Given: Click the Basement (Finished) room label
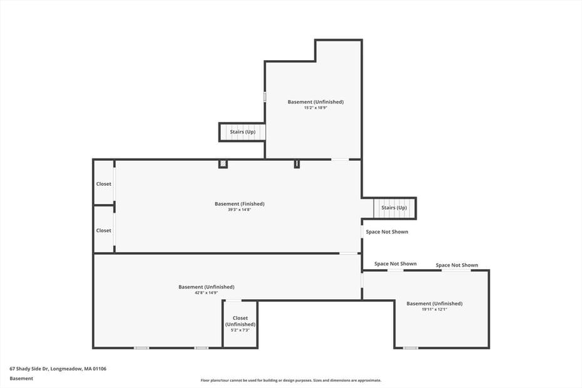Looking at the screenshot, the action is click(240, 204).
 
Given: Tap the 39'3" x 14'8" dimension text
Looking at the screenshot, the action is click(240, 210).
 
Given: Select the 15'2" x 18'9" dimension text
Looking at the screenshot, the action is click(315, 108).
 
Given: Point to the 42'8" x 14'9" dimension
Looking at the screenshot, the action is click(207, 293).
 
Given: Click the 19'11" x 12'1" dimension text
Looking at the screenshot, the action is click(434, 309).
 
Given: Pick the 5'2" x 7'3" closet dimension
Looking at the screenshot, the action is click(240, 330).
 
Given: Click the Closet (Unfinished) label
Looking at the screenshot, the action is click(240, 321).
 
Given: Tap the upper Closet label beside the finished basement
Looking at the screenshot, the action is click(103, 184).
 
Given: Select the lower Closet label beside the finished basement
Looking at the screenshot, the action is click(103, 230).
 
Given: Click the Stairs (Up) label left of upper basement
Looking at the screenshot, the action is click(242, 132).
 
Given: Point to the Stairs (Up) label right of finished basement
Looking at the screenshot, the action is click(394, 208).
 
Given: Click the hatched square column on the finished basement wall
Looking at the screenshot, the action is click(223, 164).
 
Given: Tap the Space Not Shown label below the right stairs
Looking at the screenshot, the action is click(387, 232).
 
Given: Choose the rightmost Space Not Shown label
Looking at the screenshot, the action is click(457, 265).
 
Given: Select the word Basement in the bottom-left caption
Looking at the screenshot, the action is click(21, 379).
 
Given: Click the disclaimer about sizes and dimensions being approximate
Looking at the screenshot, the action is click(290, 380).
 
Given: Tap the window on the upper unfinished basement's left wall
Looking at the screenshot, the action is click(265, 96).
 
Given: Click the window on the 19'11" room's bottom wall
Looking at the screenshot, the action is click(411, 348).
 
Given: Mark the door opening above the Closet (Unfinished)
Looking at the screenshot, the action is click(233, 300).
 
